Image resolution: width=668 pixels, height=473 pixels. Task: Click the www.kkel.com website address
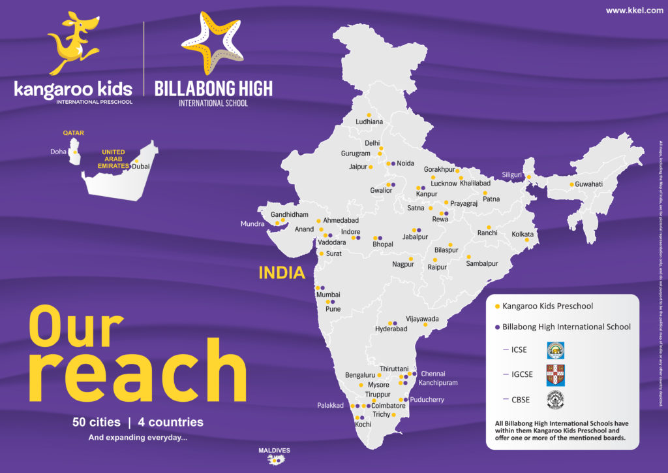click(634, 10)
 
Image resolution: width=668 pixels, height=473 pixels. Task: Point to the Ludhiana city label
click(369, 122)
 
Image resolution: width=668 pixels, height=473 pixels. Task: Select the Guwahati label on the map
click(588, 184)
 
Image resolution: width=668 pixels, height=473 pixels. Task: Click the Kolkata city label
click(523, 234)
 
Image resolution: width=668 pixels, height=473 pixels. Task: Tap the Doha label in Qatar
click(58, 152)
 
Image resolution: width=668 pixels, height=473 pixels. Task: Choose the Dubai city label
click(141, 167)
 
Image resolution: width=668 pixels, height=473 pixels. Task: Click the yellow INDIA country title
click(282, 272)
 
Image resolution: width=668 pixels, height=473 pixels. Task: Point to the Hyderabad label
click(391, 329)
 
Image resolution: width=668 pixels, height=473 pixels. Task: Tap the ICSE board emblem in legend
click(555, 350)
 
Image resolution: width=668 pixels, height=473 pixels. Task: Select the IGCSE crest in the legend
click(555, 374)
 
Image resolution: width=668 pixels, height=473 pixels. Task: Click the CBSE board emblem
click(555, 400)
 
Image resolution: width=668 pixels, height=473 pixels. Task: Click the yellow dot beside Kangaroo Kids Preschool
click(498, 306)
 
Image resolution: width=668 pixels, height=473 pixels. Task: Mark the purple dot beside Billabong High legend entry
click(498, 327)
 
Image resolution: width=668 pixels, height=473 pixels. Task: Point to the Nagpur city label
click(403, 265)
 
